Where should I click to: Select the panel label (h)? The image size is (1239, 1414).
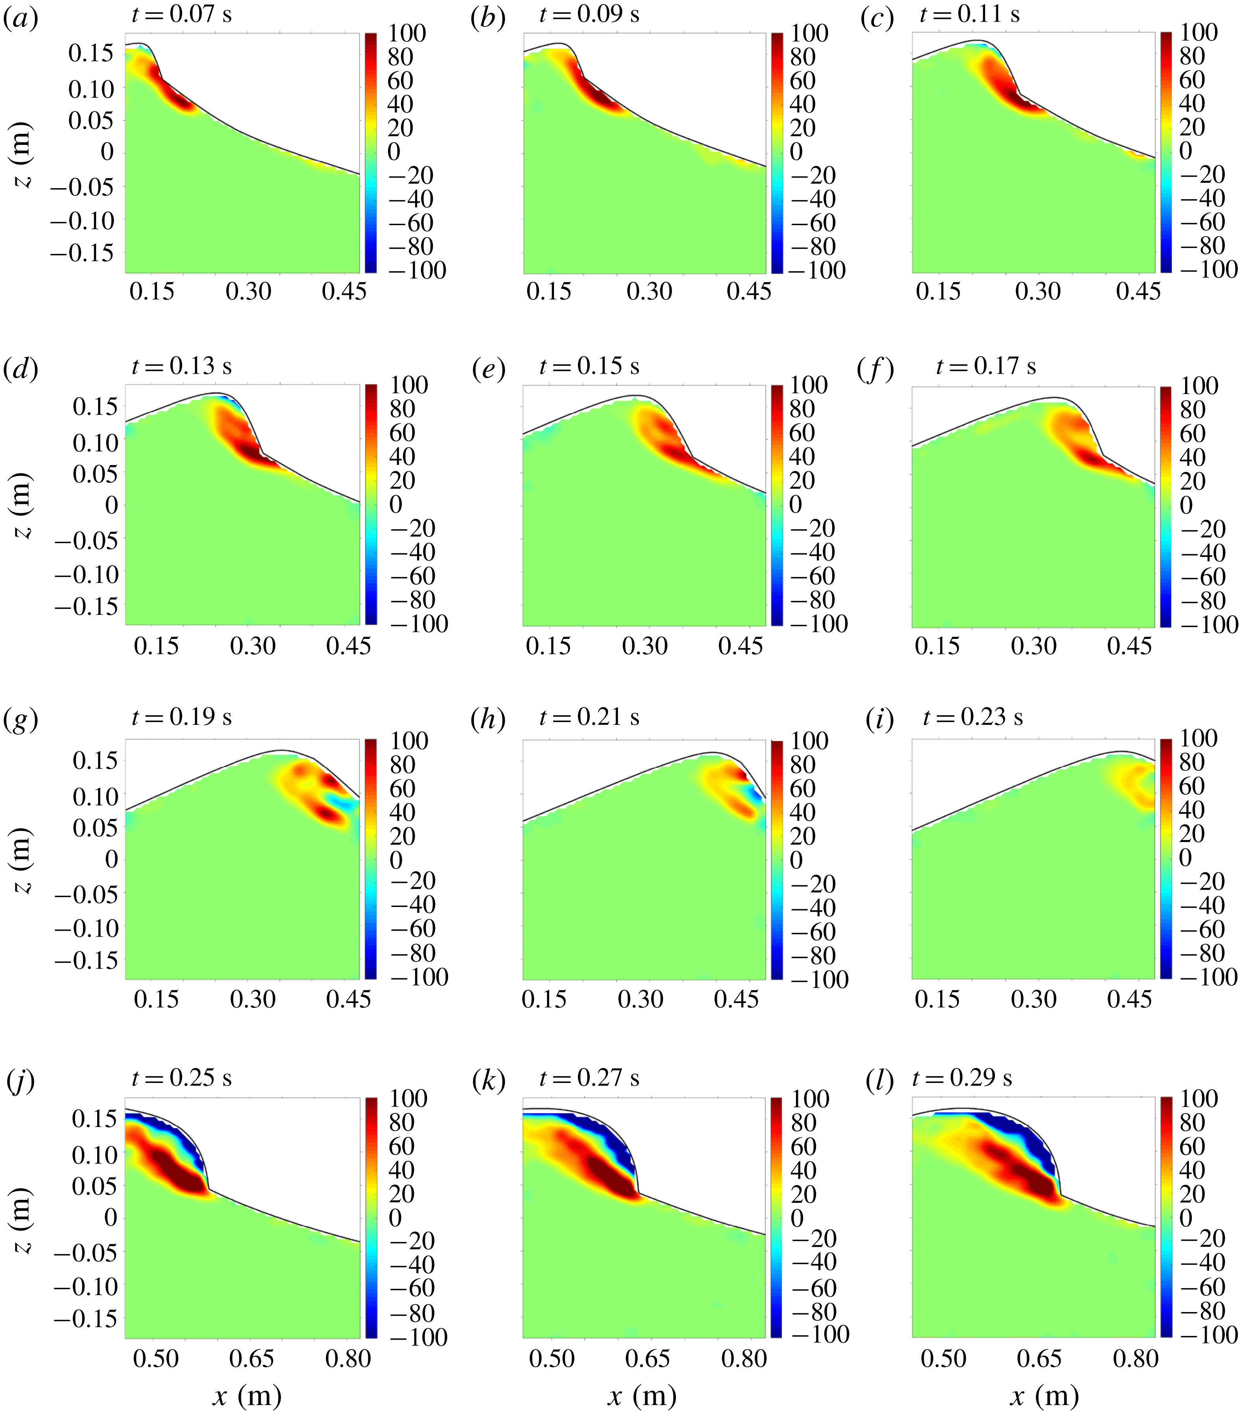click(x=488, y=720)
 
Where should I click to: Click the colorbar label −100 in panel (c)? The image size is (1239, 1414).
click(x=1208, y=269)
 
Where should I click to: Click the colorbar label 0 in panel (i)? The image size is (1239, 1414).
click(x=1186, y=858)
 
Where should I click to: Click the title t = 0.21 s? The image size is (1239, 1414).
click(x=589, y=717)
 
